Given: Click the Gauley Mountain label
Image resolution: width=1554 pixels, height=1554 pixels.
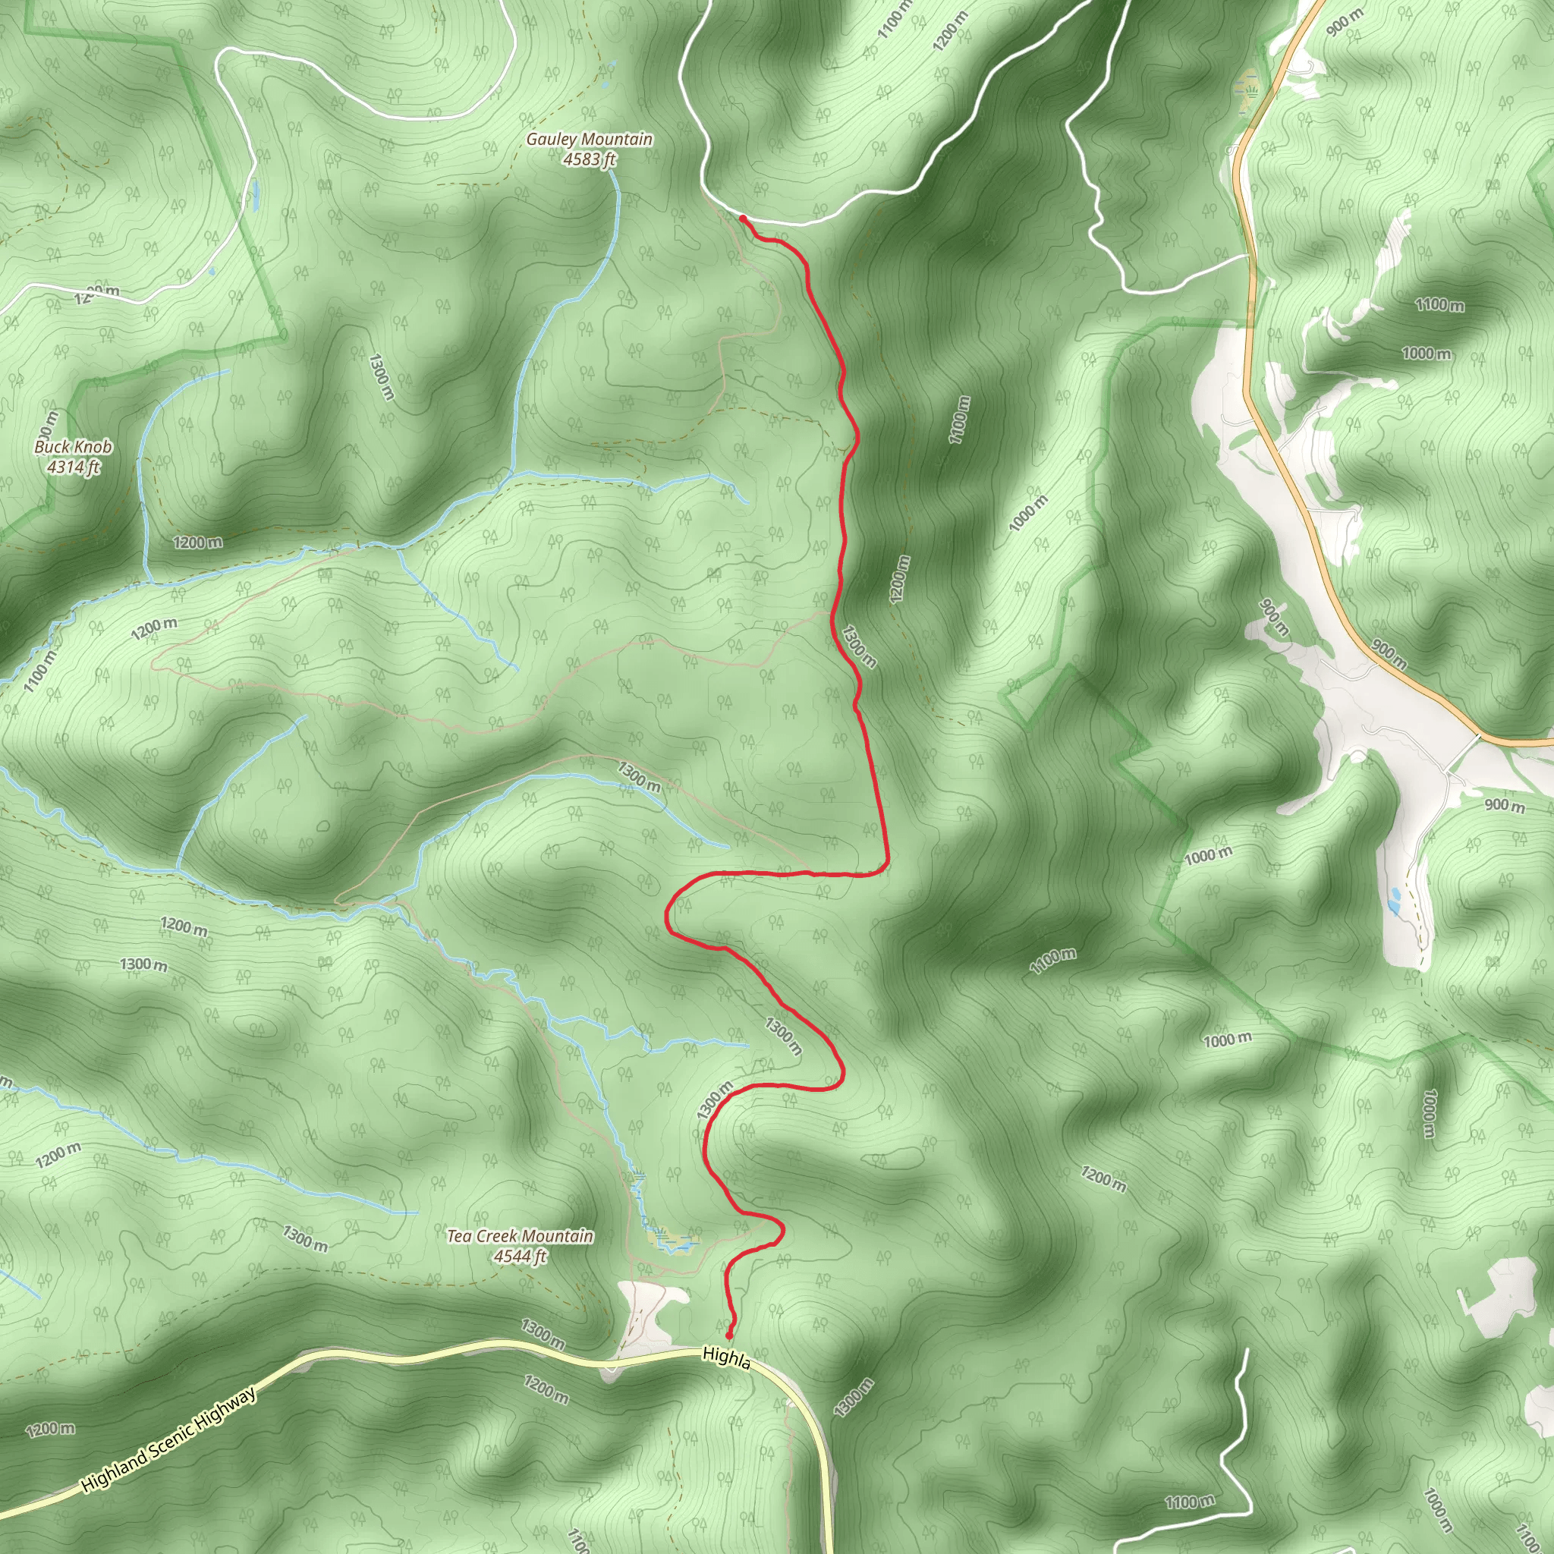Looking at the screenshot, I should pyautogui.click(x=589, y=139).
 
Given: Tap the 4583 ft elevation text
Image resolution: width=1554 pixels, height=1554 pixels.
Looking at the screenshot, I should pyautogui.click(x=589, y=159).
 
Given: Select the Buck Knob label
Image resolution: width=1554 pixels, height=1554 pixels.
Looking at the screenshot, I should pyautogui.click(x=73, y=446).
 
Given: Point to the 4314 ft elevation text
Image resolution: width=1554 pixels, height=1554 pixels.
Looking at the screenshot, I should pyautogui.click(x=73, y=467).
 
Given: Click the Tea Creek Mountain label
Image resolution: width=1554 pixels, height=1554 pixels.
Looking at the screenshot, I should pyautogui.click(x=520, y=1235).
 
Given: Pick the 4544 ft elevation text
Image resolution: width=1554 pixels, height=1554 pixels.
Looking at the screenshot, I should pyautogui.click(x=520, y=1256).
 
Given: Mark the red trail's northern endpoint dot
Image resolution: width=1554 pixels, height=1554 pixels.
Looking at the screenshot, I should pyautogui.click(x=742, y=218).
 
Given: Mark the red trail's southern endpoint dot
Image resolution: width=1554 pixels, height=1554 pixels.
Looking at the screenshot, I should pyautogui.click(x=729, y=1336).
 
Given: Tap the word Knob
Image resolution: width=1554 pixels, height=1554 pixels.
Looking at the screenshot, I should pyautogui.click(x=93, y=446).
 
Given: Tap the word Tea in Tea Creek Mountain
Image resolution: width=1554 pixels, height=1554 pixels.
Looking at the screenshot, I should pyautogui.click(x=458, y=1235).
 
